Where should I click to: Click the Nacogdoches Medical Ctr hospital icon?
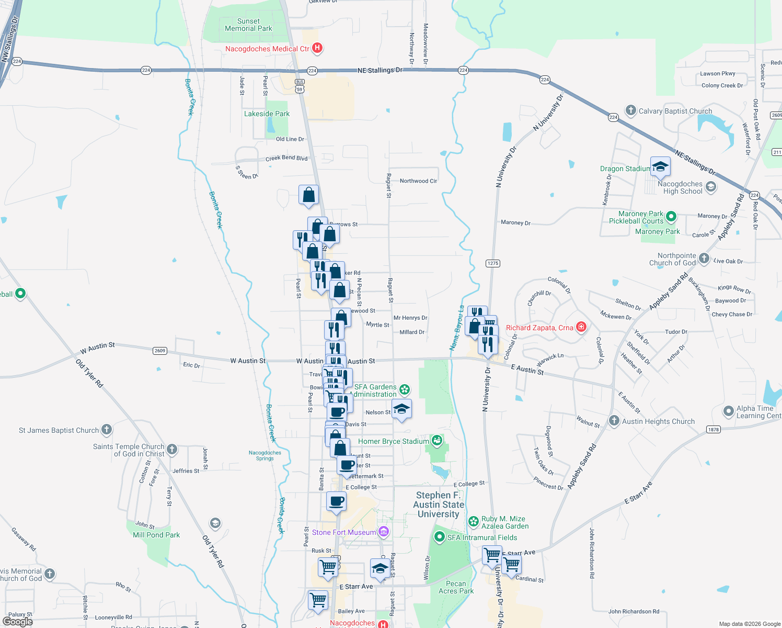[x=317, y=49]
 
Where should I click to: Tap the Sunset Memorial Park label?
[x=248, y=25]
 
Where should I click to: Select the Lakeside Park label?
[x=267, y=114]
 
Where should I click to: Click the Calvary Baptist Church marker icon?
[x=631, y=110]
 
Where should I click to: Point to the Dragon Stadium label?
[x=625, y=169]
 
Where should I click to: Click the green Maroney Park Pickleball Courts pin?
[x=671, y=216]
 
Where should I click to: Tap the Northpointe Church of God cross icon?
[x=704, y=259]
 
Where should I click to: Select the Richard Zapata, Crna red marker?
[x=581, y=328]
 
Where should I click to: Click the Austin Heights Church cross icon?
[x=614, y=421]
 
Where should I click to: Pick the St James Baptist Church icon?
[x=107, y=430]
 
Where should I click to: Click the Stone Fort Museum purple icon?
[x=384, y=532]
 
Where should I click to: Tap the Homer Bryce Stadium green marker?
[x=437, y=441]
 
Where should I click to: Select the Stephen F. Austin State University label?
[x=439, y=504]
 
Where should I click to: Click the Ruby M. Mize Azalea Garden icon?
[x=474, y=521]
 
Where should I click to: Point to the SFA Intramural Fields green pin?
[x=440, y=537]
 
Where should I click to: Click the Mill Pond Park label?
[x=156, y=535]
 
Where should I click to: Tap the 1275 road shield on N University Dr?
[x=493, y=263]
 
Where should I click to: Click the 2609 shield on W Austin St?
[x=160, y=351]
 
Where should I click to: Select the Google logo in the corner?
[x=17, y=621]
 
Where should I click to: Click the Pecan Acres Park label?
[x=456, y=587]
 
